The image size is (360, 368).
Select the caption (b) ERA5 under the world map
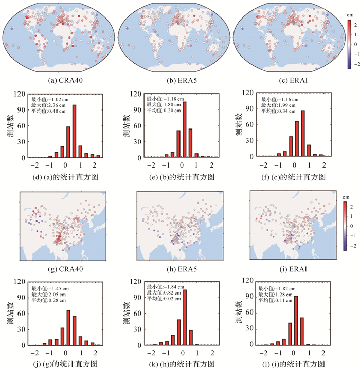tap(178, 81)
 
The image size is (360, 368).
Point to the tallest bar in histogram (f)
tap(302, 134)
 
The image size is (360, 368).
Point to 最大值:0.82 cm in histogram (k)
tap(165, 293)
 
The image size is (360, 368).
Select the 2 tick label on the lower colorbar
tap(352, 207)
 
